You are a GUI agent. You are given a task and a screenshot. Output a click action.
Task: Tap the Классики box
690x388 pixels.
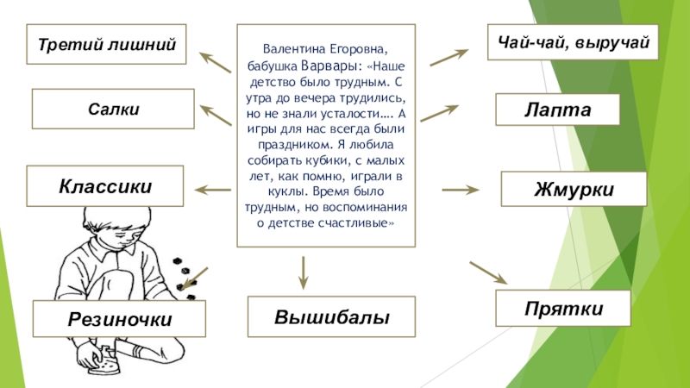(105, 185)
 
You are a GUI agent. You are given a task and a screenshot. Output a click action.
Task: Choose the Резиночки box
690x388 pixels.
(120, 318)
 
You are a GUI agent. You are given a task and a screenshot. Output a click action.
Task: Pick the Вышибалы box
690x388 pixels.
(331, 316)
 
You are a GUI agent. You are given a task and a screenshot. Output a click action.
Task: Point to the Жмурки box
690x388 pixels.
(574, 188)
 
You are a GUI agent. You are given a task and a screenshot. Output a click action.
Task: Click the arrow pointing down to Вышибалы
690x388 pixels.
(303, 272)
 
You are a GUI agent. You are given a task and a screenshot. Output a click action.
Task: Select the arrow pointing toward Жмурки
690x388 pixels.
(460, 189)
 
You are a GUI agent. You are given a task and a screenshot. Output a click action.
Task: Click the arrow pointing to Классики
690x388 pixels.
(213, 189)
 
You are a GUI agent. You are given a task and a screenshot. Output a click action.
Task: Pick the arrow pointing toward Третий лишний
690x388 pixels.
(216, 61)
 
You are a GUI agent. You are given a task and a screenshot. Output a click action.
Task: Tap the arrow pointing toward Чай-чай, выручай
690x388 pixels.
(448, 57)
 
